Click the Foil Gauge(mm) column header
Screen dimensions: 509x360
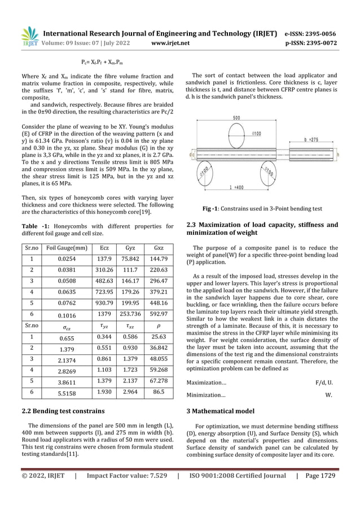point(67,247)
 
